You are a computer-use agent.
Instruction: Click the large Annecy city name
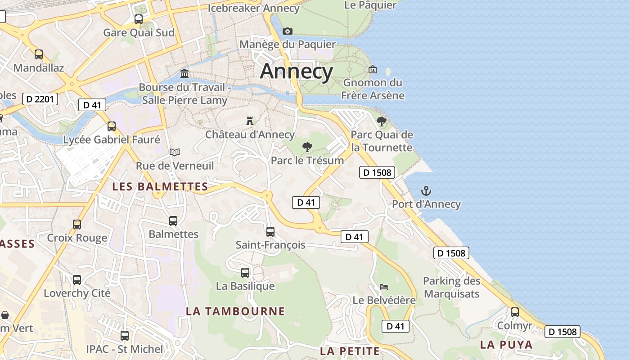[297, 72]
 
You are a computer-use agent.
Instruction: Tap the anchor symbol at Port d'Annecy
[426, 191]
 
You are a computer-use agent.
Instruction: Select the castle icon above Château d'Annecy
[250, 121]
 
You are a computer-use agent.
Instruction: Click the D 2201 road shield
[40, 99]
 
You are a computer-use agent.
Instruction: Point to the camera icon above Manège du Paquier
[287, 31]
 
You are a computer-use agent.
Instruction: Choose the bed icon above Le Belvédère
[383, 287]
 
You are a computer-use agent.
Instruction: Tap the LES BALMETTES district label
[160, 186]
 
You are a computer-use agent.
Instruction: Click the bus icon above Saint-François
[270, 231]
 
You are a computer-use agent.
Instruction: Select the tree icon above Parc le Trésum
[307, 147]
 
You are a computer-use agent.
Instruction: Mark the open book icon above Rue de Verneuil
[175, 152]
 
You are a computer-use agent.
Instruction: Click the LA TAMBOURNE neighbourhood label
[235, 311]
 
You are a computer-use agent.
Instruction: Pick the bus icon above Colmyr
[515, 312]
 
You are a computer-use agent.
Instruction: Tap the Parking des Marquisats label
[451, 287]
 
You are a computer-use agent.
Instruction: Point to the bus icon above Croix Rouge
[77, 224]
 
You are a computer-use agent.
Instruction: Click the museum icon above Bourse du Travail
[184, 73]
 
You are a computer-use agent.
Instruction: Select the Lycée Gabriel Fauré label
[112, 139]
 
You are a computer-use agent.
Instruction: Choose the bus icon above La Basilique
[245, 272]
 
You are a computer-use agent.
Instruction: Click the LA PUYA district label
[506, 345]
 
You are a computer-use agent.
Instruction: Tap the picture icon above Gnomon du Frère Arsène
[373, 69]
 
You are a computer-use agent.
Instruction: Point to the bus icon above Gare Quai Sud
[139, 19]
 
